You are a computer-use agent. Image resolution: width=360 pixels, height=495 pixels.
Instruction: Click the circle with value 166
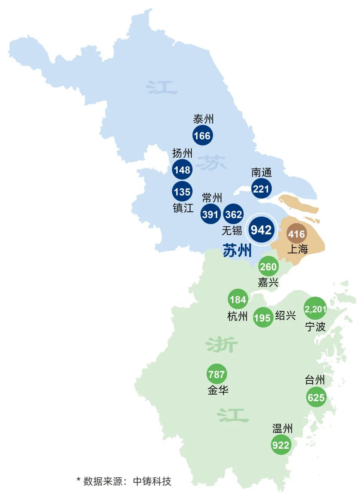tap(202, 136)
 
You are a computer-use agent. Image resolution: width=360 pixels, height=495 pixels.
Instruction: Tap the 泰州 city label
tap(204, 119)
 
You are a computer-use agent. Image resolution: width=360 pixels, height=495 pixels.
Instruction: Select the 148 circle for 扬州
tap(182, 170)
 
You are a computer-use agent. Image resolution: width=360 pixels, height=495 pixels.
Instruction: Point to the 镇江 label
tap(183, 207)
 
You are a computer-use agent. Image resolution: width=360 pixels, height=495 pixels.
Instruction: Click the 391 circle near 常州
tap(211, 214)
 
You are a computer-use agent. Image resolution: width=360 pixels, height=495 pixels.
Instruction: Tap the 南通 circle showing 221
tap(261, 189)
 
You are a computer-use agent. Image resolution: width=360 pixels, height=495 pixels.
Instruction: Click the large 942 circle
tap(261, 230)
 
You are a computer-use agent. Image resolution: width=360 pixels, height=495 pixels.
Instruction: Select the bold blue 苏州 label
tap(237, 250)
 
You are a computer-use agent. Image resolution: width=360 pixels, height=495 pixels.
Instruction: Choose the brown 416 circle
tap(296, 234)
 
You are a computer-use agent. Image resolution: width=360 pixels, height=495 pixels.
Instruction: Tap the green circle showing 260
tap(269, 267)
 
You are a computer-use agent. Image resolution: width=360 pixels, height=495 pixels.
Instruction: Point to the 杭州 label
tap(238, 316)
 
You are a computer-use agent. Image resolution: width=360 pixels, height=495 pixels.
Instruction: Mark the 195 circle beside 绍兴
tap(263, 317)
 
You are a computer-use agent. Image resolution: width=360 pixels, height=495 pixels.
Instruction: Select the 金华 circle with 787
tap(216, 374)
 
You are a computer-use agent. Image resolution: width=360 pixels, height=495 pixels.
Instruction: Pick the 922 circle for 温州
tap(281, 445)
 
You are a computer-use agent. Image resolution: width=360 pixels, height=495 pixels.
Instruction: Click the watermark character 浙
tap(222, 345)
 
